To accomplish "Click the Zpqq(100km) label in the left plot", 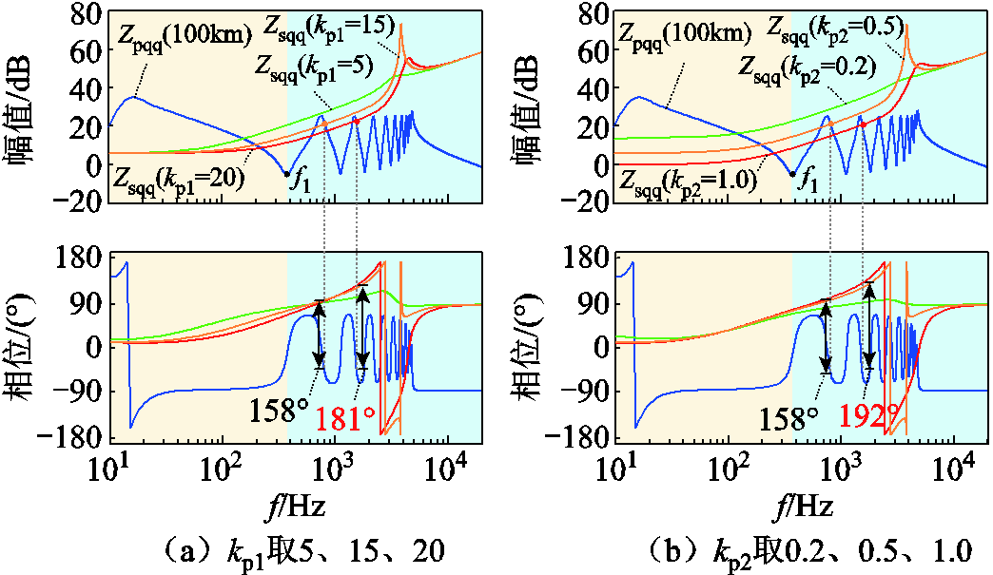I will (x=184, y=36).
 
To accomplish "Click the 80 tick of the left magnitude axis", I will (x=82, y=16).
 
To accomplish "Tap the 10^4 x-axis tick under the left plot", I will (x=447, y=469).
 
